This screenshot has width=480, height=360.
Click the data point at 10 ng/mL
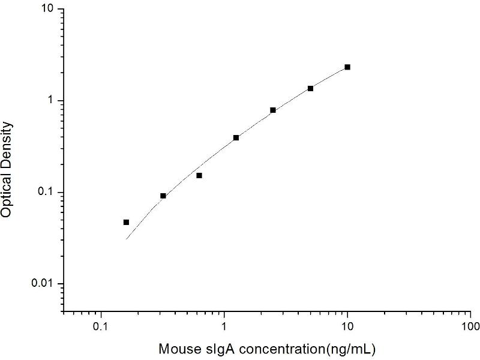point(347,67)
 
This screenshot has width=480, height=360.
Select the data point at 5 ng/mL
point(311,88)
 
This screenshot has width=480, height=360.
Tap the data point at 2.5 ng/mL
point(273,110)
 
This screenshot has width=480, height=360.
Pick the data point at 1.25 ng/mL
point(236,137)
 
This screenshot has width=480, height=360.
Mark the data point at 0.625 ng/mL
point(199,175)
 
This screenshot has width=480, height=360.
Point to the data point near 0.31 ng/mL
point(163,196)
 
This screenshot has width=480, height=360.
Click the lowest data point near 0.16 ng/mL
point(126,222)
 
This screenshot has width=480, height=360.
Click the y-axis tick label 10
point(49,10)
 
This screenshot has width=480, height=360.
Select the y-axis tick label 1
point(52,101)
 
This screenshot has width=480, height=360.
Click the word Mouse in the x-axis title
point(176,349)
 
